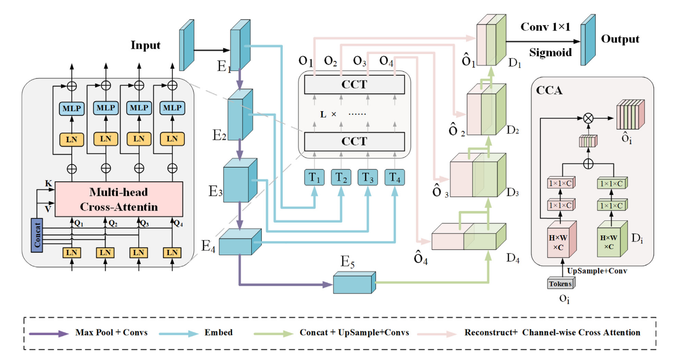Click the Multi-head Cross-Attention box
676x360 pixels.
click(x=119, y=199)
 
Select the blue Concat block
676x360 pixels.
click(x=37, y=235)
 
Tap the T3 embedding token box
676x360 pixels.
click(x=367, y=177)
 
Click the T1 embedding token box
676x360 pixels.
click(x=314, y=177)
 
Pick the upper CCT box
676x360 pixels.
click(x=354, y=84)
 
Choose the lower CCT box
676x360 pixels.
click(x=354, y=141)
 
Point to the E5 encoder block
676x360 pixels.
click(x=354, y=283)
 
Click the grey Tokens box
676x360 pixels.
click(x=561, y=283)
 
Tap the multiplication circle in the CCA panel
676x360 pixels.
click(x=588, y=118)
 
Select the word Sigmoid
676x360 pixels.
click(x=550, y=52)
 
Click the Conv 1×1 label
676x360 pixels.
click(x=545, y=27)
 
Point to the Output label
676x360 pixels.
click(x=620, y=39)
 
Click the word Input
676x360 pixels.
click(x=145, y=45)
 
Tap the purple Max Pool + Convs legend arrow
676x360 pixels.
click(x=49, y=333)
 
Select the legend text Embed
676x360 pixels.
click(x=218, y=333)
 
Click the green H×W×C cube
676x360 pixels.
click(x=612, y=239)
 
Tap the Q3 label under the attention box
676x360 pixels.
click(x=145, y=223)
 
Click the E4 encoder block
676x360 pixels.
click(x=240, y=242)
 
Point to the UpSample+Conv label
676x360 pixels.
click(x=597, y=271)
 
